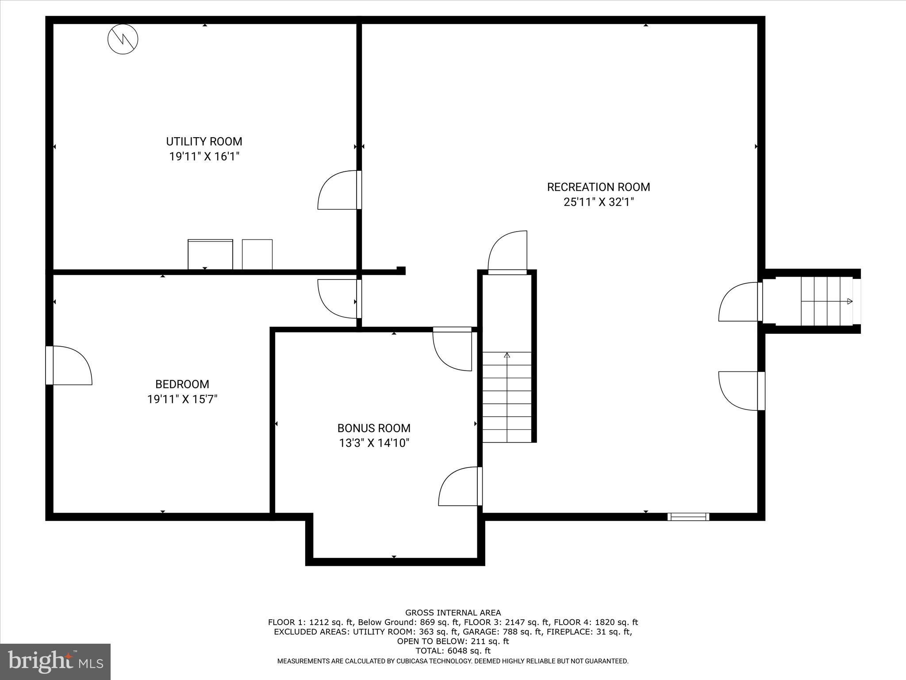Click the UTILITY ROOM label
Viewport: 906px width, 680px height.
point(204,142)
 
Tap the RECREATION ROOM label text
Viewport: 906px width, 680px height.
point(598,187)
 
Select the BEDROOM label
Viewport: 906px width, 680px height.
point(182,384)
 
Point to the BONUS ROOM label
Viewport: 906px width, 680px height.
point(374,429)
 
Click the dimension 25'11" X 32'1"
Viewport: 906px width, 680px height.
point(598,202)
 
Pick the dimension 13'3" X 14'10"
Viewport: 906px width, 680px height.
point(374,443)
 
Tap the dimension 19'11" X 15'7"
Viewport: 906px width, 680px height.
point(182,399)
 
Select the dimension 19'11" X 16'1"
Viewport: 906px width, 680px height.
point(204,157)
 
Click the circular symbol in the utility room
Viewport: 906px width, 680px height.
point(123,39)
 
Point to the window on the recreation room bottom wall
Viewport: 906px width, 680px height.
point(688,517)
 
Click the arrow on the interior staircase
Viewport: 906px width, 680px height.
point(507,355)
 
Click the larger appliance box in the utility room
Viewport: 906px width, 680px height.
point(210,255)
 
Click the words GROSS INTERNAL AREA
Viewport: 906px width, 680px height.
point(453,613)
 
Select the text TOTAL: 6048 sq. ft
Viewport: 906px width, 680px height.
point(453,651)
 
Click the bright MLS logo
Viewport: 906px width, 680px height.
point(55,661)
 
